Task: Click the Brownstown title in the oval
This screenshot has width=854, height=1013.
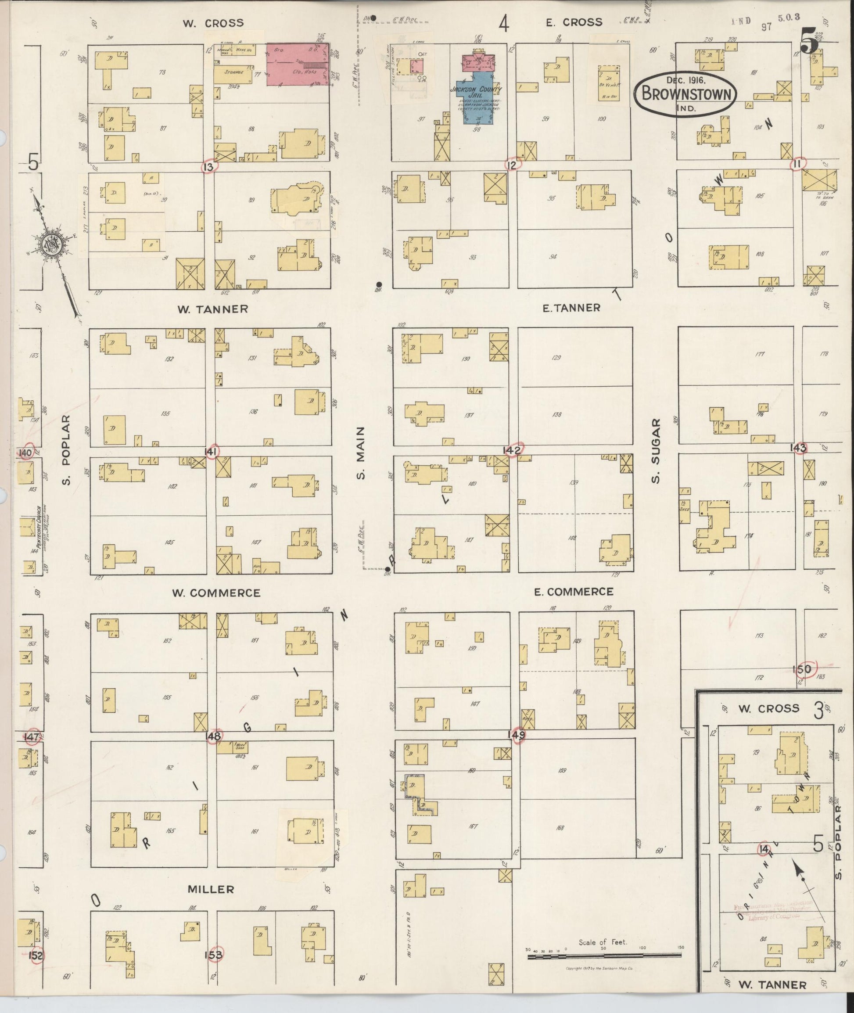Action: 686,94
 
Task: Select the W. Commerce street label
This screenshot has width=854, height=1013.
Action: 216,593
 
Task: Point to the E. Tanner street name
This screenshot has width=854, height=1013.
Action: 571,308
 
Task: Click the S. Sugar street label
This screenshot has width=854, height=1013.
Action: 656,451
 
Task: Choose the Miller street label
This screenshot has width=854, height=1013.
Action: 211,889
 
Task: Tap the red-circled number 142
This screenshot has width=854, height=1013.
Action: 512,450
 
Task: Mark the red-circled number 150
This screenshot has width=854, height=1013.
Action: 802,669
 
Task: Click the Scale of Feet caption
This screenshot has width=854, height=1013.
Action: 603,942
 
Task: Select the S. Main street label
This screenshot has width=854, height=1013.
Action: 360,453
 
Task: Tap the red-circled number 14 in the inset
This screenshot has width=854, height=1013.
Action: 764,849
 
